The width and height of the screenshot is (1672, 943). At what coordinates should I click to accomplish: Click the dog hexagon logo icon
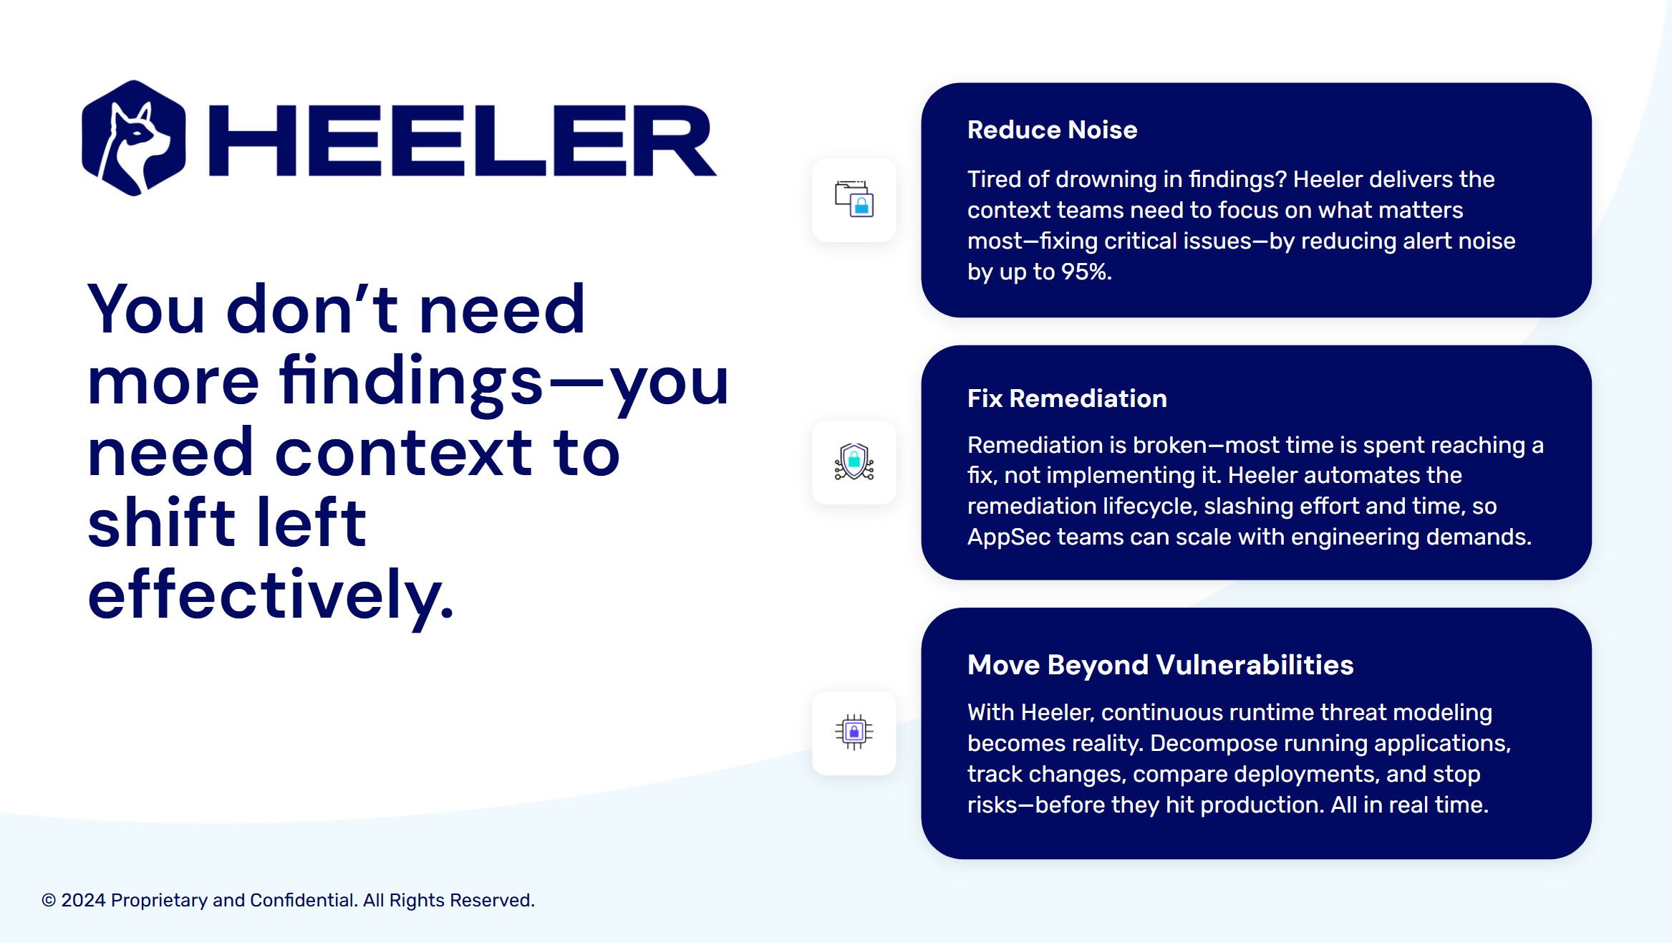pyautogui.click(x=134, y=138)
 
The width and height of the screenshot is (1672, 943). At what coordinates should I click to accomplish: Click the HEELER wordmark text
pyautogui.click(x=463, y=140)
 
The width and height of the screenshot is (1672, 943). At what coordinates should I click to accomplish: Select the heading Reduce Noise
pyautogui.click(x=1052, y=130)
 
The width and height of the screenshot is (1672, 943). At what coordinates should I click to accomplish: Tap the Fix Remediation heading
pyautogui.click(x=1067, y=398)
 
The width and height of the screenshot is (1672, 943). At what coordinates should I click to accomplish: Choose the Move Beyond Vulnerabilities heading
pyautogui.click(x=1160, y=665)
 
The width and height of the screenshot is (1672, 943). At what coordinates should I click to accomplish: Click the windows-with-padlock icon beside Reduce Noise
pyautogui.click(x=854, y=199)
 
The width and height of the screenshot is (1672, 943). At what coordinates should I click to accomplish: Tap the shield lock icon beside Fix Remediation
pyautogui.click(x=854, y=462)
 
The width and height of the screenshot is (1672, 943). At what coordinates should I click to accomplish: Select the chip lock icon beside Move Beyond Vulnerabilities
pyautogui.click(x=854, y=732)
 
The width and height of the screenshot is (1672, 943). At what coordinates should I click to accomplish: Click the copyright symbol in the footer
pyautogui.click(x=49, y=900)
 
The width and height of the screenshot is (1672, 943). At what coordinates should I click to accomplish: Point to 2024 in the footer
pyautogui.click(x=83, y=900)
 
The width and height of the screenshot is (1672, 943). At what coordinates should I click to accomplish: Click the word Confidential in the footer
pyautogui.click(x=304, y=900)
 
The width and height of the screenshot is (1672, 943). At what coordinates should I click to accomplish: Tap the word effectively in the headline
pyautogui.click(x=271, y=595)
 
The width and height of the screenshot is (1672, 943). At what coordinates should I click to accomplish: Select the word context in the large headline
pyautogui.click(x=403, y=453)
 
